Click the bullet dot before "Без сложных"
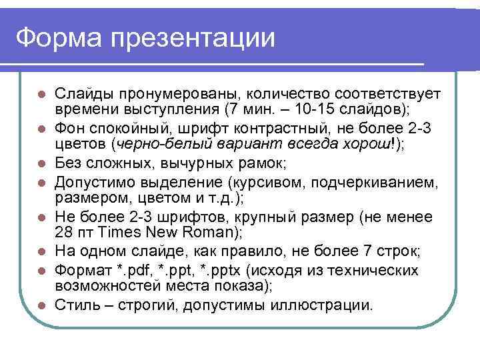click(41, 163)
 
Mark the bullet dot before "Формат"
click(41, 271)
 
